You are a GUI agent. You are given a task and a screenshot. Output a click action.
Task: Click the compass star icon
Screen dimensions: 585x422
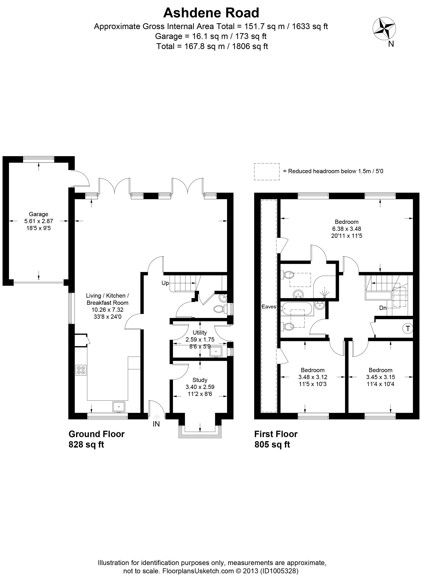(x=384, y=29)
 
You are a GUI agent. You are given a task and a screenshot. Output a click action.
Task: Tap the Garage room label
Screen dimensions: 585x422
(x=38, y=214)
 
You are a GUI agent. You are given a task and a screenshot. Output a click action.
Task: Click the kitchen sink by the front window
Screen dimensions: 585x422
(x=119, y=407)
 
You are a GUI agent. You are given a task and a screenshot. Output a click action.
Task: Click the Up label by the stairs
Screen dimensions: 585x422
(x=165, y=283)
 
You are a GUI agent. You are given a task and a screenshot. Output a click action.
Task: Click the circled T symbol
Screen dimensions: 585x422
(x=408, y=329)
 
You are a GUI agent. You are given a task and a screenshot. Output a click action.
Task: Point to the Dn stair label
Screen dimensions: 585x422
(x=383, y=308)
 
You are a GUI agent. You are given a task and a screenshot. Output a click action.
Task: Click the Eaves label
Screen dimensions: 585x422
(x=269, y=307)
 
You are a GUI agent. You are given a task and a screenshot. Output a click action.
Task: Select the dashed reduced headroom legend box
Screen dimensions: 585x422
(x=267, y=172)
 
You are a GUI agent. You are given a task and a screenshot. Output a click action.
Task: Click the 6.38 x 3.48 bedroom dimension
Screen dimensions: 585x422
(x=347, y=229)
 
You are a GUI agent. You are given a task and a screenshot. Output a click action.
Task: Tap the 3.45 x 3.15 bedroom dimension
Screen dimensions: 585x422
(x=380, y=377)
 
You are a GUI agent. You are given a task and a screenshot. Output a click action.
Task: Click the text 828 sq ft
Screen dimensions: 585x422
(x=86, y=444)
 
